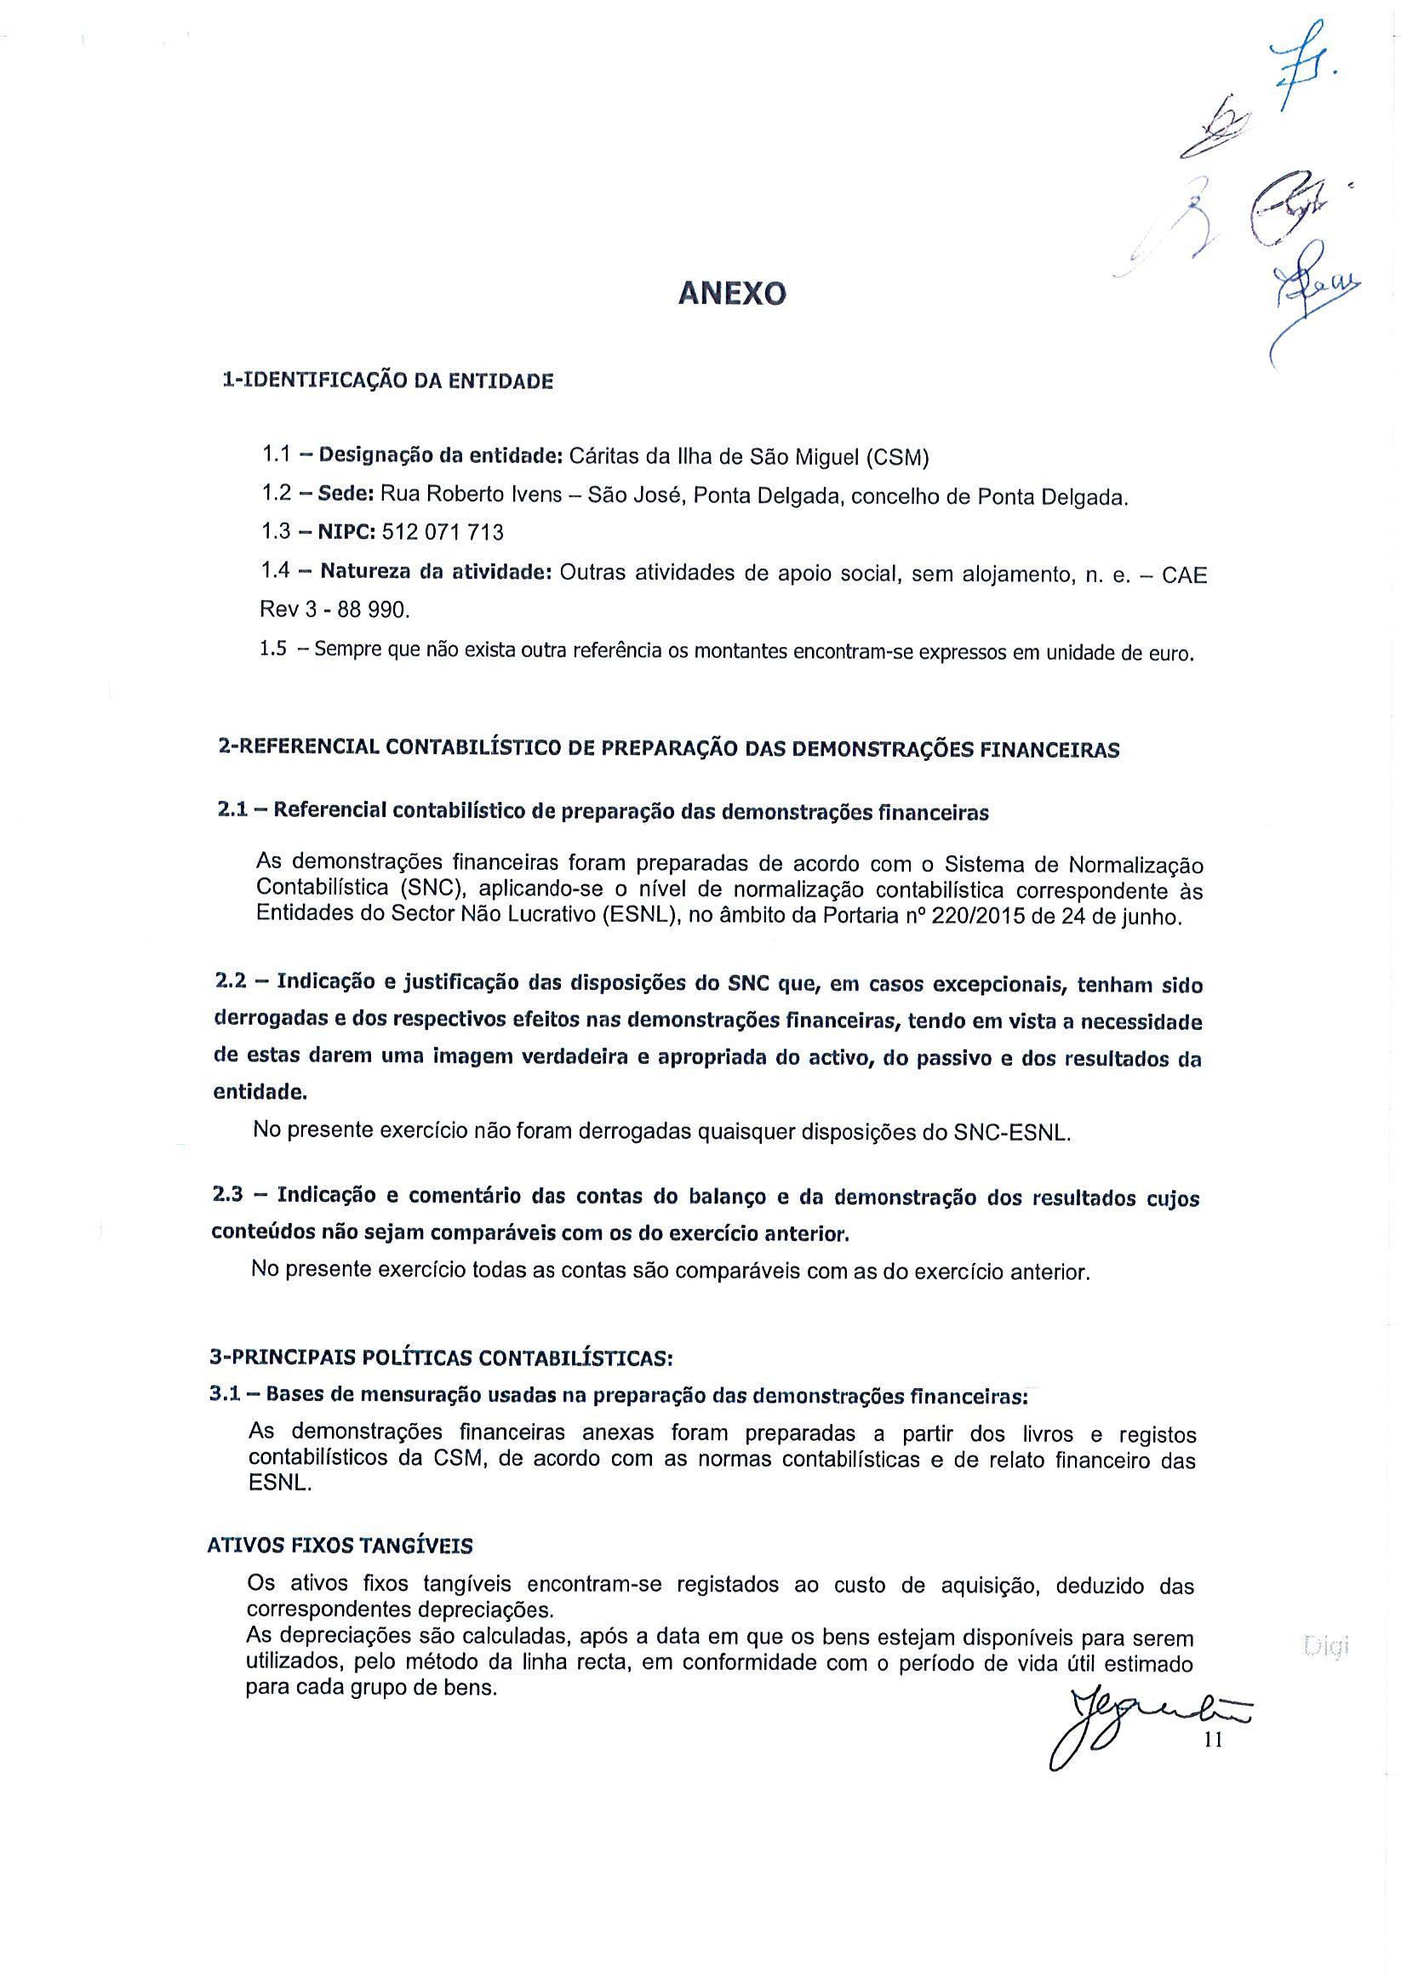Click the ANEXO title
pos(732,295)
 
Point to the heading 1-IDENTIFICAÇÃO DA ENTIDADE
pos(388,380)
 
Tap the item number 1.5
pos(273,649)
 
